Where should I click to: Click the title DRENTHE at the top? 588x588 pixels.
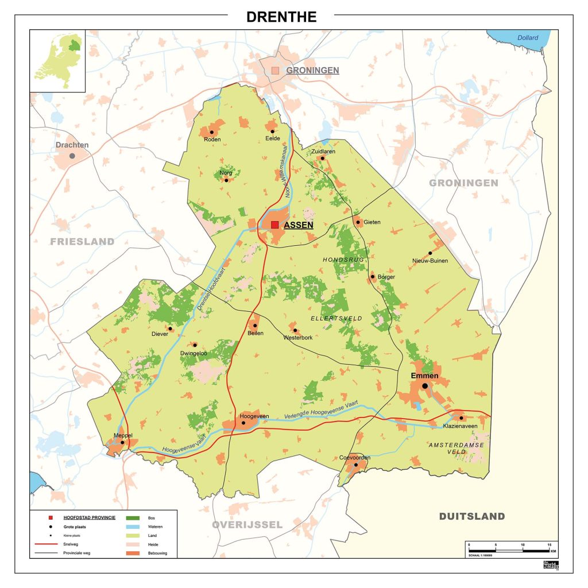281,17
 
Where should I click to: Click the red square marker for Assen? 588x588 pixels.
275,225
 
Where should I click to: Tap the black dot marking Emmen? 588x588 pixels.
424,386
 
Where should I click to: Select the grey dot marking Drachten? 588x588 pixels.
72,156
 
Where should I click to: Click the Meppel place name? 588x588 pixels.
123,435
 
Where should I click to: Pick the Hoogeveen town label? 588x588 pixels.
243,415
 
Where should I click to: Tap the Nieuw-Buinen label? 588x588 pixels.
430,261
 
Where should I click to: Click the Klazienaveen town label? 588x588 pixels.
460,425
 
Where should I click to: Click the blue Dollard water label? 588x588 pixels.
527,38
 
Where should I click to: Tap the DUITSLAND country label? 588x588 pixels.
472,516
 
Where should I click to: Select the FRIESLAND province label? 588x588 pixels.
82,242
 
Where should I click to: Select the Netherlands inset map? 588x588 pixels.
58,60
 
